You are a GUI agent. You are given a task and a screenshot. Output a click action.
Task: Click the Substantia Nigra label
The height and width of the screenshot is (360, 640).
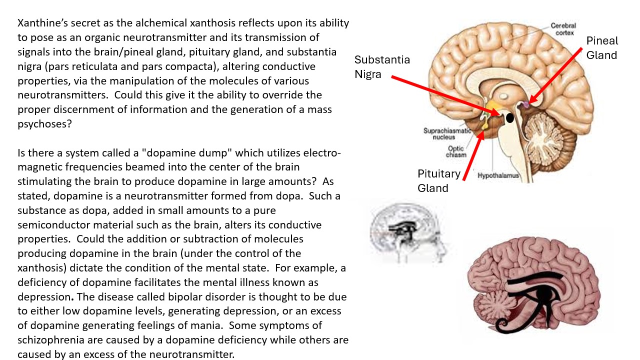point(382,67)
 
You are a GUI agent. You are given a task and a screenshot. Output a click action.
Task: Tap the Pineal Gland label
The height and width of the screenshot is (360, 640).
point(602,47)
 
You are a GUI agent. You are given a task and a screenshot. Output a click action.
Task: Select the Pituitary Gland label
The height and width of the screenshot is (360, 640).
point(439,181)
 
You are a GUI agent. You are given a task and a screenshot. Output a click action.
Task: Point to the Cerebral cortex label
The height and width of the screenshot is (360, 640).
point(563,29)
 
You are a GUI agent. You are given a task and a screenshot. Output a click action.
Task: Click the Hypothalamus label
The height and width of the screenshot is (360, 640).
point(498,175)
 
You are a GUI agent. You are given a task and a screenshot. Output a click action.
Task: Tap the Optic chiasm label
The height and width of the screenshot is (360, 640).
point(456,151)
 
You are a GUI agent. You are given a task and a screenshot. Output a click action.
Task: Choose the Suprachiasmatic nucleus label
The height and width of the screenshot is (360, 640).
point(447,133)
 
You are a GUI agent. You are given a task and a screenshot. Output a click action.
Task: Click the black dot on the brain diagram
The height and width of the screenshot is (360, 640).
point(509,117)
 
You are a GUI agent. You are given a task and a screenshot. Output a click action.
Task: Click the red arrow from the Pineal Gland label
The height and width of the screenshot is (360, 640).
point(555,75)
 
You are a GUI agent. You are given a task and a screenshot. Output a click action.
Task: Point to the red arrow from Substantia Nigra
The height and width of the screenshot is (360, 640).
point(445,96)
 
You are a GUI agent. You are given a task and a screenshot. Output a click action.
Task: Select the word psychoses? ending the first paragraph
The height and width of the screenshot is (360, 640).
point(44,124)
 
